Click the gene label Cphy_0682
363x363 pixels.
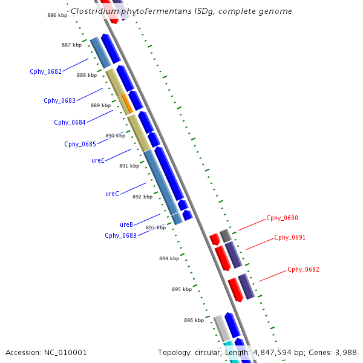coord(45,71)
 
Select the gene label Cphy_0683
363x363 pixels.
coord(59,100)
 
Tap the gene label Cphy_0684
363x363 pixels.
coord(70,122)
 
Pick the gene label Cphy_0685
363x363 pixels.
coord(80,144)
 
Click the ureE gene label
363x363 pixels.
coord(98,160)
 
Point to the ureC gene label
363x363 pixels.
coord(112,194)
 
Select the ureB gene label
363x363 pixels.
coord(126,224)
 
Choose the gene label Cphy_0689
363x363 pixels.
coord(120,235)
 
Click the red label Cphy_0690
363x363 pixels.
coord(282,218)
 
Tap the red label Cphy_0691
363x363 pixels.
coord(290,237)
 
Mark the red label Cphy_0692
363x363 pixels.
coord(303,269)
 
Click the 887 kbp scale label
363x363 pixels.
coord(71,45)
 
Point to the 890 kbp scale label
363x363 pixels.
coord(115,136)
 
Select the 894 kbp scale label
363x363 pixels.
coord(169,258)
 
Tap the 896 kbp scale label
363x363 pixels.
coord(194,320)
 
